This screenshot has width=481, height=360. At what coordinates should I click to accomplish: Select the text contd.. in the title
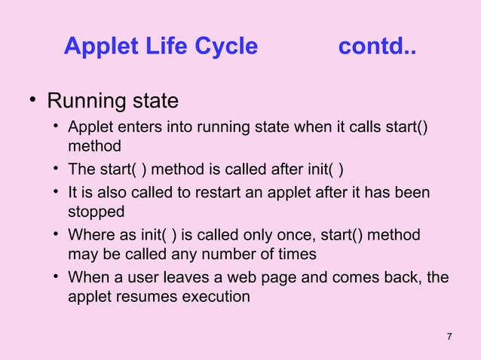click(x=376, y=47)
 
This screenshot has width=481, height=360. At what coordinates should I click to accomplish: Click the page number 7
click(x=449, y=336)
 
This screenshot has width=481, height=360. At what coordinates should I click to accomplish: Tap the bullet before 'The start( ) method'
click(x=57, y=167)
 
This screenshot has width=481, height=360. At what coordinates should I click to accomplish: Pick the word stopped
click(x=96, y=212)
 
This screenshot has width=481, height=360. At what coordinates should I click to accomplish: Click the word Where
click(x=90, y=236)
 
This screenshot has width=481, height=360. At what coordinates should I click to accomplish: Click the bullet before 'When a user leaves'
click(x=57, y=278)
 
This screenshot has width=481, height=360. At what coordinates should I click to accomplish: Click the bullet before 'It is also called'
click(x=57, y=193)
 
